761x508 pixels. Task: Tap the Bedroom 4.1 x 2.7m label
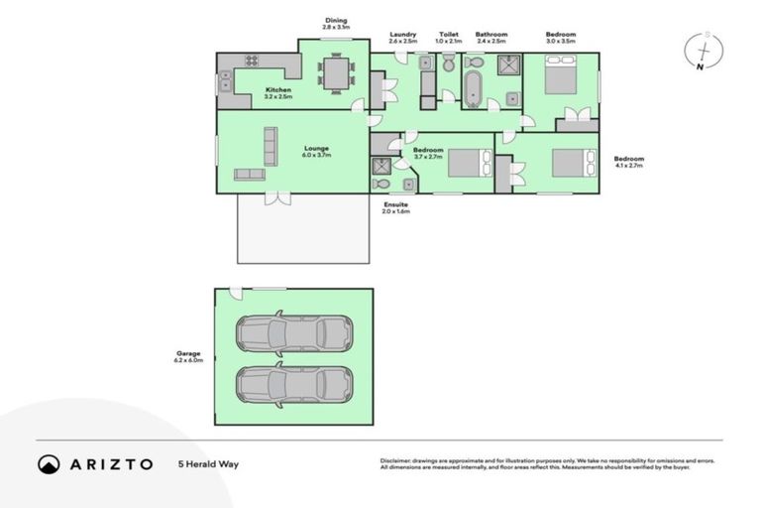click(628, 162)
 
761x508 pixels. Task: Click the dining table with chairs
click(334, 72)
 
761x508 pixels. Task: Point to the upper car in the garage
click(293, 333)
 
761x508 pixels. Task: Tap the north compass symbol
click(703, 51)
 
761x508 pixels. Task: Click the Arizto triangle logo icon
click(49, 463)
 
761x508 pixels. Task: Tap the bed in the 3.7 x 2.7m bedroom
click(470, 162)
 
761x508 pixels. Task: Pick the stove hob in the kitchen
click(252, 61)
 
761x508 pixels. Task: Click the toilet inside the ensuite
click(382, 183)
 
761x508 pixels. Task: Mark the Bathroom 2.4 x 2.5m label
click(490, 38)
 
